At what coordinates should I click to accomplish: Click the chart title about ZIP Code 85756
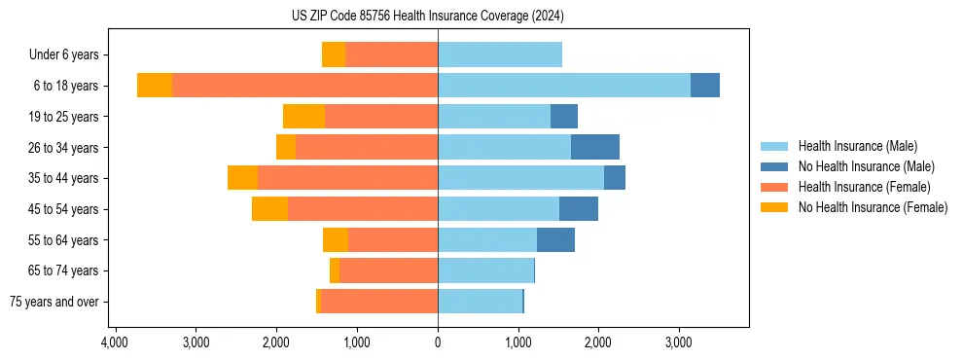click(481, 16)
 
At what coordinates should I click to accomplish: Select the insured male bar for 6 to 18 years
click(564, 86)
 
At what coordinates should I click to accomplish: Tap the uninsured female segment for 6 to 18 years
click(155, 86)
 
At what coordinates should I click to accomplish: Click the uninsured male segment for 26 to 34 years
click(595, 147)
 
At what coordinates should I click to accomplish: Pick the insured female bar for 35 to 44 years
click(347, 178)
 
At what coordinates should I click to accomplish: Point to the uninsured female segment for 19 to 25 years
click(303, 117)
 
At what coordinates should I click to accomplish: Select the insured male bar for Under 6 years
click(500, 54)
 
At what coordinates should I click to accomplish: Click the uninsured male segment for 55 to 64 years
click(555, 239)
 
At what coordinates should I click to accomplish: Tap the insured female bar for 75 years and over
click(379, 302)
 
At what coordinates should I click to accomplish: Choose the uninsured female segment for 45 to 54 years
click(269, 209)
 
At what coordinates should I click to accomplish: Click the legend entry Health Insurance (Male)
click(857, 146)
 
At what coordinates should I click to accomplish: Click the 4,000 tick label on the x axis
click(115, 342)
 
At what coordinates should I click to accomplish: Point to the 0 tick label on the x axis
click(438, 342)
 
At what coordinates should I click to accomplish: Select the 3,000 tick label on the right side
click(679, 342)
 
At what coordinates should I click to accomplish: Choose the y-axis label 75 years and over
click(54, 302)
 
